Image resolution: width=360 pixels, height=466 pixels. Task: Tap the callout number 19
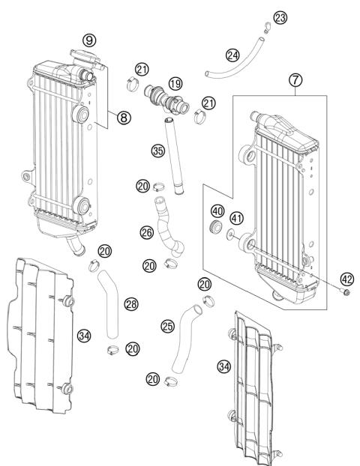click(x=175, y=82)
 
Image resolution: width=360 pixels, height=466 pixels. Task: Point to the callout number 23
click(x=280, y=16)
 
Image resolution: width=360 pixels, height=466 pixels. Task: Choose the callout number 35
click(x=157, y=150)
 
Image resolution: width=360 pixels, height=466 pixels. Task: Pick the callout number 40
click(x=217, y=210)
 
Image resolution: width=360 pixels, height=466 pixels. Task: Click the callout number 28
click(x=130, y=304)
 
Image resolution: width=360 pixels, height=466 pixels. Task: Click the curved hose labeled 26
click(x=168, y=232)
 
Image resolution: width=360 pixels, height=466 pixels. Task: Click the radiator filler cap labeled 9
click(x=79, y=54)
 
